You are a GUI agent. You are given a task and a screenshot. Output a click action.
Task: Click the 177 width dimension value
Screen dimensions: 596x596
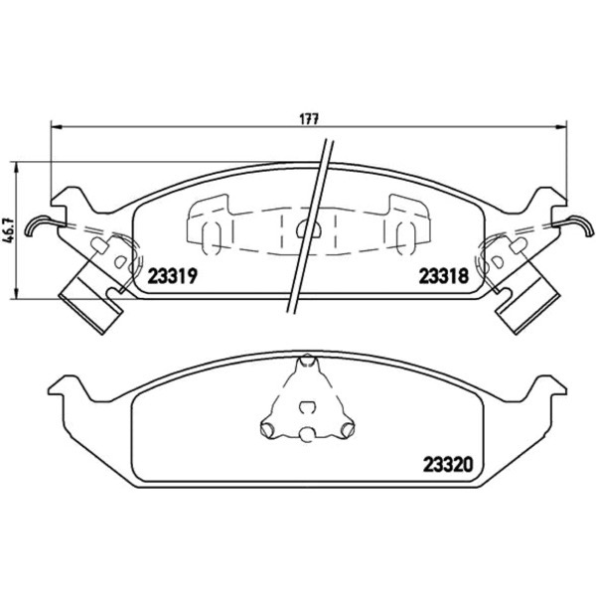[x=308, y=119]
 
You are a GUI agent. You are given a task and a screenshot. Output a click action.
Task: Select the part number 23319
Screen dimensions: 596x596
[x=172, y=276]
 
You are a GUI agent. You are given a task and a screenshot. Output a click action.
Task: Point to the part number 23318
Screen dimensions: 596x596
[x=444, y=276]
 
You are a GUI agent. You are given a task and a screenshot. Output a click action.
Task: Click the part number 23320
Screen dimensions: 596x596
[x=449, y=464]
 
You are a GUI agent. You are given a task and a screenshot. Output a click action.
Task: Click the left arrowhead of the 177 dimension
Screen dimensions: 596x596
[x=57, y=126]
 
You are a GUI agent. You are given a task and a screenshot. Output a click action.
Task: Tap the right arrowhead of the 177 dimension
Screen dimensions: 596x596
[x=560, y=126]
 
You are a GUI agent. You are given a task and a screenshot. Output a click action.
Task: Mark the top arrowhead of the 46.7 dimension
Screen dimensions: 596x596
[x=16, y=168]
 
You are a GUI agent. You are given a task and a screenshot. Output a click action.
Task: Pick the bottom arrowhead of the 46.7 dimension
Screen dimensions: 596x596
[x=16, y=293]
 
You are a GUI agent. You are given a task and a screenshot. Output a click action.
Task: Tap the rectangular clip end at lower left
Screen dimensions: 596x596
[x=90, y=305]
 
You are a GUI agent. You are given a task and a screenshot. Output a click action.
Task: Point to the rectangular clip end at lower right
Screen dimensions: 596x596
[x=527, y=305]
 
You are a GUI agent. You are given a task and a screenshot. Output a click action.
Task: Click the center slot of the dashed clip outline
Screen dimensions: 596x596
[x=309, y=228]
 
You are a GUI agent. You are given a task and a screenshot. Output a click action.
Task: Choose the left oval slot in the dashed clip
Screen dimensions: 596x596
[x=212, y=238]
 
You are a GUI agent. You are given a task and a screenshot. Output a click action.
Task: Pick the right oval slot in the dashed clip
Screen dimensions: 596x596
[x=406, y=238]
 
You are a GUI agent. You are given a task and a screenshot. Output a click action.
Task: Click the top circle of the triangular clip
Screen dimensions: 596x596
[x=307, y=361]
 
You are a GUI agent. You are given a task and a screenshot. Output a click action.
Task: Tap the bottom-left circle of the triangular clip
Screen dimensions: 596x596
[x=267, y=430]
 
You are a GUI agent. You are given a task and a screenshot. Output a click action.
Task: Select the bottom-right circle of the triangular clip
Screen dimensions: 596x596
[x=347, y=430]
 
